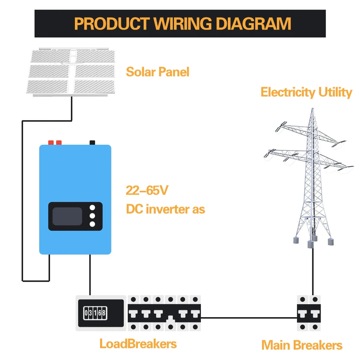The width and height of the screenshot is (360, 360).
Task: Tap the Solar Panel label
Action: [157, 72]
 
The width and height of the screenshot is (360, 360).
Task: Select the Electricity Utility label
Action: [306, 92]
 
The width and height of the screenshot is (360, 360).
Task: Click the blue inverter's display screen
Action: [67, 216]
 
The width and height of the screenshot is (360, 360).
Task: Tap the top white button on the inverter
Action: [92, 208]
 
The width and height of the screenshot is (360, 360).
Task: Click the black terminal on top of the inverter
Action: [92, 142]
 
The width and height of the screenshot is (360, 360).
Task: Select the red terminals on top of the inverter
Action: [55, 142]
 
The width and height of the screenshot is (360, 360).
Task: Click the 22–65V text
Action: [147, 191]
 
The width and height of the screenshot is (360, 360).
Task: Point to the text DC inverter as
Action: [165, 209]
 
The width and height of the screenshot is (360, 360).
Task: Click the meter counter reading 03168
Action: [95, 313]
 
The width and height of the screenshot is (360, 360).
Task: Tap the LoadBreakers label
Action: [138, 344]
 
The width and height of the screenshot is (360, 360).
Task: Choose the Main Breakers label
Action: [302, 345]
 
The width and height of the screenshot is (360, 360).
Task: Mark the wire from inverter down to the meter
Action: [90, 275]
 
